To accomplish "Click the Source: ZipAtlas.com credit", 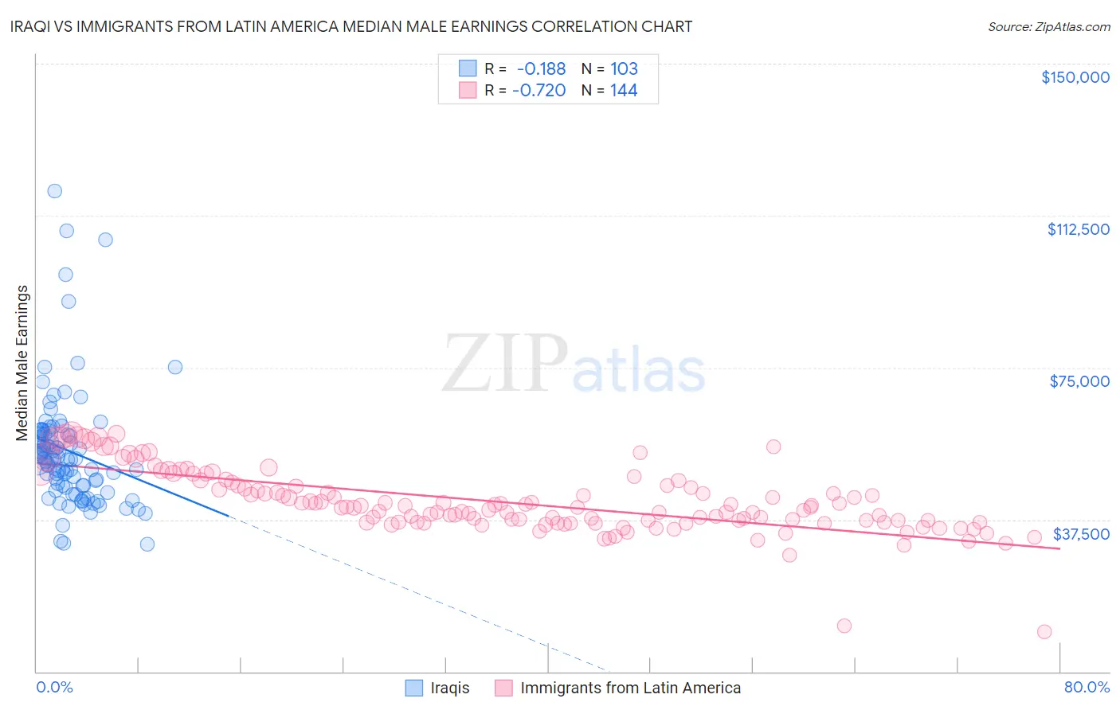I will tap(1048, 26).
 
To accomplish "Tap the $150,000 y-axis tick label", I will tap(1075, 77).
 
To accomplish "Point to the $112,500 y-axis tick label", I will tap(1078, 229).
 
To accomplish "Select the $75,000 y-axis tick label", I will tap(1079, 381).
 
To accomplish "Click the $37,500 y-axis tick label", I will tap(1081, 533).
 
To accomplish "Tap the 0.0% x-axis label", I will tap(54, 687).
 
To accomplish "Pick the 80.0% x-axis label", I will tap(1087, 687).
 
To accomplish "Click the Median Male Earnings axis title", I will tap(22, 363).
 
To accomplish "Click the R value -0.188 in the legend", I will tap(541, 68).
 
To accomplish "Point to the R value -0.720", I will tap(538, 90).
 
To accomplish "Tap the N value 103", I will tap(624, 68).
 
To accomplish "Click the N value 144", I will tap(624, 90).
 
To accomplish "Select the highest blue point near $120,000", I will tap(54, 191).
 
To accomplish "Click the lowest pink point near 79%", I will tap(1044, 632).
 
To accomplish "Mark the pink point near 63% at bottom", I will tap(844, 626).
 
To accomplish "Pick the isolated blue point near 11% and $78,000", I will tap(175, 367).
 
